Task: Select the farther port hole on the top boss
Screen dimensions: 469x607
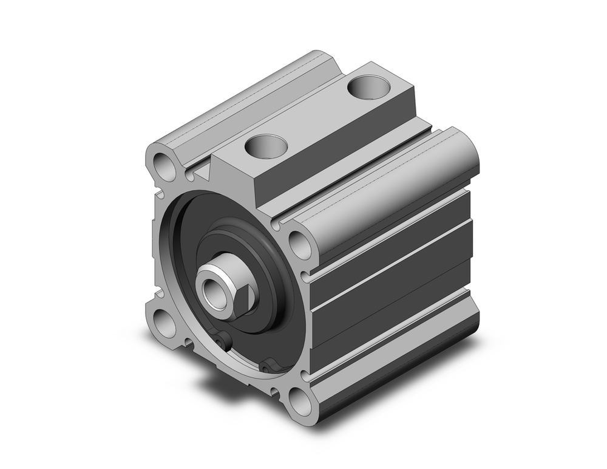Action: tap(368, 86)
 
